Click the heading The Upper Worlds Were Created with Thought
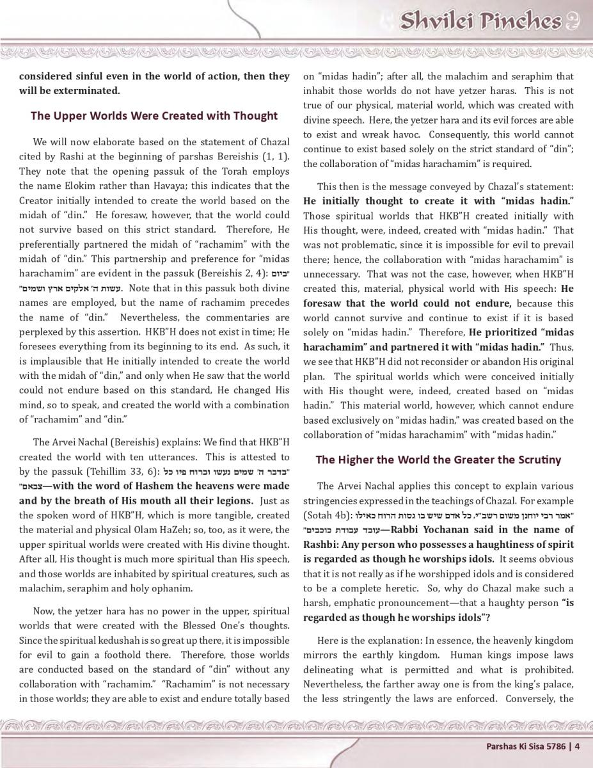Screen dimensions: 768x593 pyautogui.click(x=154, y=116)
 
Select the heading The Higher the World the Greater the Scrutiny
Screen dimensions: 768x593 pyautogui.click(x=438, y=460)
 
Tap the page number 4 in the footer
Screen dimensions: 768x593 pyautogui.click(x=577, y=745)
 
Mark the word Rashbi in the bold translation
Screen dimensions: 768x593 pyautogui.click(x=322, y=544)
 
